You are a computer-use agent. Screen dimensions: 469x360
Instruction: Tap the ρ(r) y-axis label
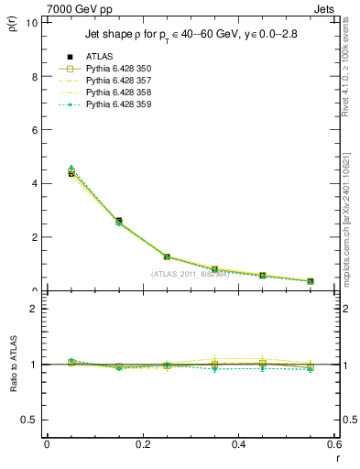coord(12,27)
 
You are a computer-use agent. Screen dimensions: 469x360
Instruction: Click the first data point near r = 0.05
coord(71,173)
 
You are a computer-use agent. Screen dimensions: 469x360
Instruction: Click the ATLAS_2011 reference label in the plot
coord(190,274)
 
